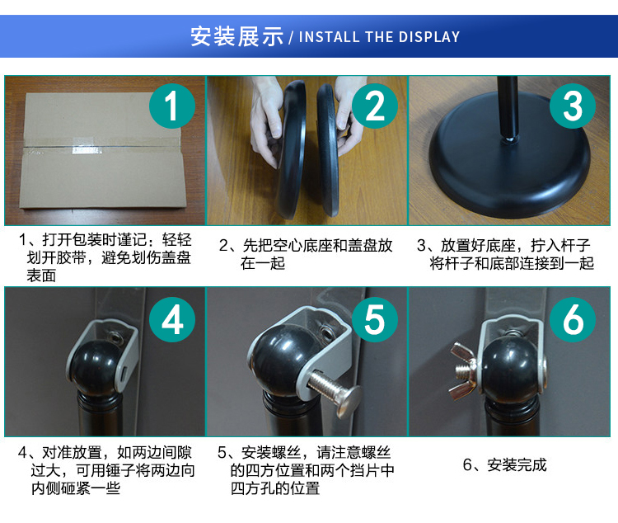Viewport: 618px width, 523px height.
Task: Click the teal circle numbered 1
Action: pos(172,106)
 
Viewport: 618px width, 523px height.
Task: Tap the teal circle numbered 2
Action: pos(374,106)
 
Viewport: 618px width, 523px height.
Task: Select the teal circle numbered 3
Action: pos(573,106)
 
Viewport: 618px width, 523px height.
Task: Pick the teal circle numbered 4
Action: pos(172,319)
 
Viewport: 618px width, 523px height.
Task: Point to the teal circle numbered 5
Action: pos(374,319)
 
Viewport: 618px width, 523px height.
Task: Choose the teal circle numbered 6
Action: pos(573,319)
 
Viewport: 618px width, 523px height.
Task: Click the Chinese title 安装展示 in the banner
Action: pos(236,36)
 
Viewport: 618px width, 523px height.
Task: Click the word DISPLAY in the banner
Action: pos(428,36)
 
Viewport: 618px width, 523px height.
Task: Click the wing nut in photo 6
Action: pos(462,370)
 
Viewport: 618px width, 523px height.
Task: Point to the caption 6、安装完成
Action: pos(504,465)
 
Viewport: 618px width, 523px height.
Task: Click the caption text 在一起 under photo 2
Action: pos(263,263)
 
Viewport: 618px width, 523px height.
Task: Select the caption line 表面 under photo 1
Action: pos(41,276)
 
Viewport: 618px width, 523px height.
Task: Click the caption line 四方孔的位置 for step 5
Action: pos(275,488)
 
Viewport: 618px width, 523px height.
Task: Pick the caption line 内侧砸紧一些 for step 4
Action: pos(75,488)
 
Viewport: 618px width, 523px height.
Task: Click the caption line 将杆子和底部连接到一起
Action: pos(512,263)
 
